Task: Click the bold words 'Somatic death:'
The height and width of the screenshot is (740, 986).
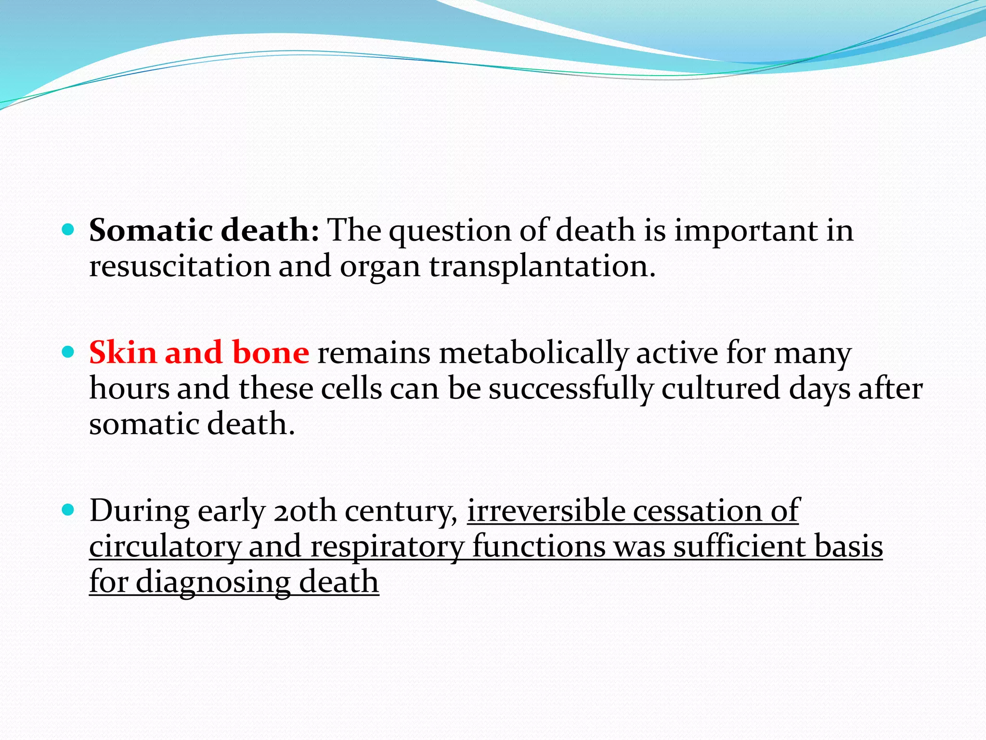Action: tap(204, 230)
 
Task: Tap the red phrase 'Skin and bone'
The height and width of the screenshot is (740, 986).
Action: tap(199, 353)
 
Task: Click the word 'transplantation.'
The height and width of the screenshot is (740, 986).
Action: tap(542, 266)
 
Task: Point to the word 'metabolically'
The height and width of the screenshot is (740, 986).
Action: tap(533, 353)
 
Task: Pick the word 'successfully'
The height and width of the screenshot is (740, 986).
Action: tap(571, 388)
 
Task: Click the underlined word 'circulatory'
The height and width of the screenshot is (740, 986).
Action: tap(165, 546)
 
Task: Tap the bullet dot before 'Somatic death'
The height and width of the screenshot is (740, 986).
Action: tap(68, 229)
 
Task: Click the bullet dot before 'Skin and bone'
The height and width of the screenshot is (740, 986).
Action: tap(68, 352)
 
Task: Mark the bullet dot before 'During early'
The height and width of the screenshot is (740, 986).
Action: tap(68, 510)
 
